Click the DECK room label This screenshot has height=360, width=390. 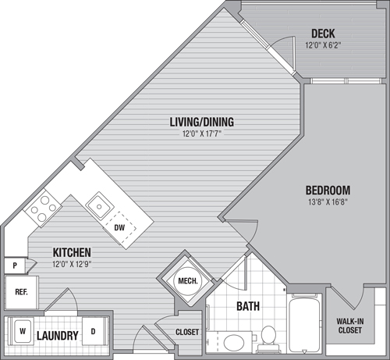coord(323,34)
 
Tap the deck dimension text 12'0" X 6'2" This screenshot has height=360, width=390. coord(323,45)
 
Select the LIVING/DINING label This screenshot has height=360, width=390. coord(202,122)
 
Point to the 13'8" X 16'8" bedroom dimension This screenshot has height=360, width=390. coord(328,202)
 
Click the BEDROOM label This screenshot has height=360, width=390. coord(328,191)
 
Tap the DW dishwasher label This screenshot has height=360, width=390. coord(119,228)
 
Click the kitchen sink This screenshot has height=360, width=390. coord(100,206)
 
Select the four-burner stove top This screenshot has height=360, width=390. coord(43,208)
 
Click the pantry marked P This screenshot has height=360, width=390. coord(15,266)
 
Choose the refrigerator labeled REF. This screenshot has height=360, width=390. coord(21,292)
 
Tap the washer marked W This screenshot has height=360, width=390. coord(23,331)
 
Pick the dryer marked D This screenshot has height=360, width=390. coord(93,331)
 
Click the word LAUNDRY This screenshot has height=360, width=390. coord(58,336)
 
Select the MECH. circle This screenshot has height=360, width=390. coord(188,281)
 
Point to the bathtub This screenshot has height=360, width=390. coord(304,323)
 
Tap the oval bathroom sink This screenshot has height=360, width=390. coord(234,343)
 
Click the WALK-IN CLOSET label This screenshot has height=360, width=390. coord(350,326)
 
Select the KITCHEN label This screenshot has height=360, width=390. coord(72,252)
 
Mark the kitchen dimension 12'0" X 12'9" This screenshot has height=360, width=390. coord(72,265)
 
